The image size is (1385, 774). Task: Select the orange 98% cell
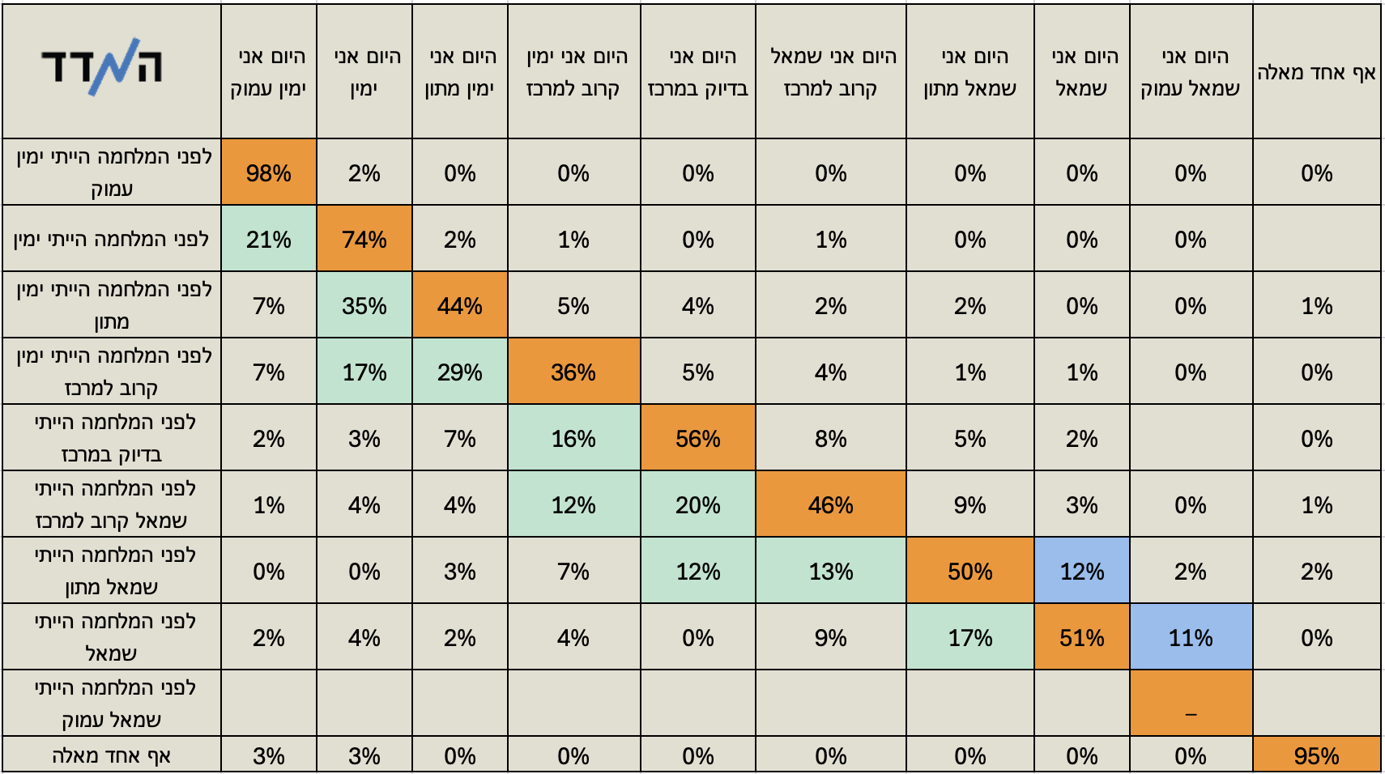(x=268, y=172)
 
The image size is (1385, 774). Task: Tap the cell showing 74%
(x=364, y=239)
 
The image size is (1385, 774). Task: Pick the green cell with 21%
(x=268, y=239)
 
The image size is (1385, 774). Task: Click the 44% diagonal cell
(x=459, y=305)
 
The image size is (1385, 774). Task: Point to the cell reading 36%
(x=573, y=372)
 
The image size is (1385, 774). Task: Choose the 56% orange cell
(x=697, y=438)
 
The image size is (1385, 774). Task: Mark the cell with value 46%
(x=830, y=504)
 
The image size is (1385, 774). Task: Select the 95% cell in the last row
(x=1316, y=755)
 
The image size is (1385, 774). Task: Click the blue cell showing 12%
(x=1081, y=571)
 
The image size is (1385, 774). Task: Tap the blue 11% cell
(x=1191, y=637)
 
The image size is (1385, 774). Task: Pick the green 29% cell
(x=459, y=372)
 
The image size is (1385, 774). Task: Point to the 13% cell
(x=830, y=571)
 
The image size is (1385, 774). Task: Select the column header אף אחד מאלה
(x=1316, y=72)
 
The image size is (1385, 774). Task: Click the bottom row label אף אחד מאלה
(x=112, y=755)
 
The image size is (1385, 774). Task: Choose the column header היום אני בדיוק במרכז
(x=697, y=72)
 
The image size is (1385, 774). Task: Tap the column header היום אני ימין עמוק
(x=268, y=72)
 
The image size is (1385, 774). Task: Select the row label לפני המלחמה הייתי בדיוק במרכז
(x=112, y=438)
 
